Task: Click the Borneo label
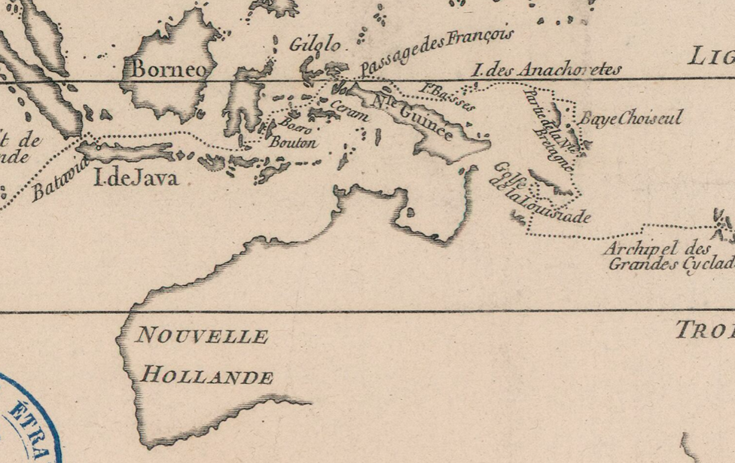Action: [x=169, y=69]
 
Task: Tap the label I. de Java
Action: [x=135, y=178]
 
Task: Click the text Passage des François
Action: [x=437, y=51]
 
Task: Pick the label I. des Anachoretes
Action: [x=547, y=70]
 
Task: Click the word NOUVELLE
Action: [x=201, y=336]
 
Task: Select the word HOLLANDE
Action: [x=207, y=376]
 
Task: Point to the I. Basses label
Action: [x=447, y=96]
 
